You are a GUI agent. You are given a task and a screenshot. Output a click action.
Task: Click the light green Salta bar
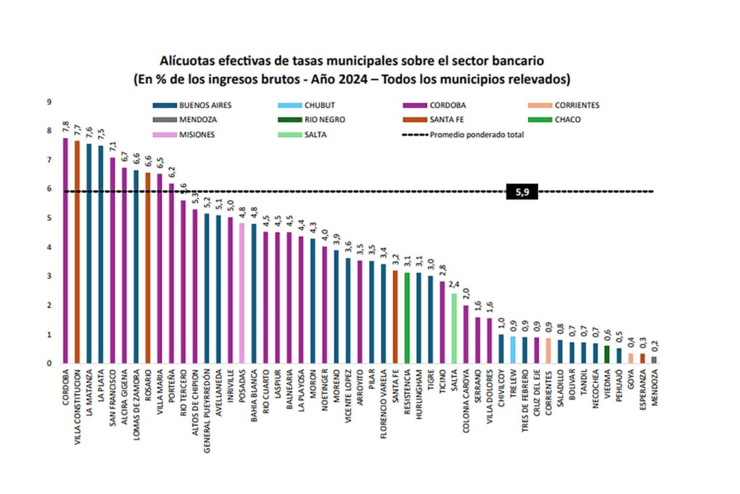[454, 328]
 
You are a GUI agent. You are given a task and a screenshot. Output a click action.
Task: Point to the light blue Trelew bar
[513, 350]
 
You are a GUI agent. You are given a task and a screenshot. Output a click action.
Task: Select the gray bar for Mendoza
[654, 359]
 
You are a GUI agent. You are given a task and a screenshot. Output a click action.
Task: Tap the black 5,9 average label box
[522, 192]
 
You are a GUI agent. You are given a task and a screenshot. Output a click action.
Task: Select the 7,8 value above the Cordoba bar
[65, 127]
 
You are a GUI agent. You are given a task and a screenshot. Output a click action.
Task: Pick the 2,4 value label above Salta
[454, 285]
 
